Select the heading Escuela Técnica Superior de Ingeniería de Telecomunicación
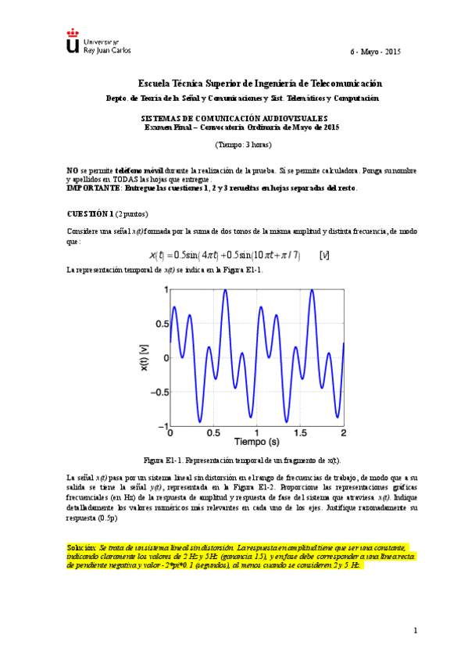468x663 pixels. [260, 83]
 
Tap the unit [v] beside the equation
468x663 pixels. [324, 256]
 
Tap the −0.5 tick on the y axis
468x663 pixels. [156, 392]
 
